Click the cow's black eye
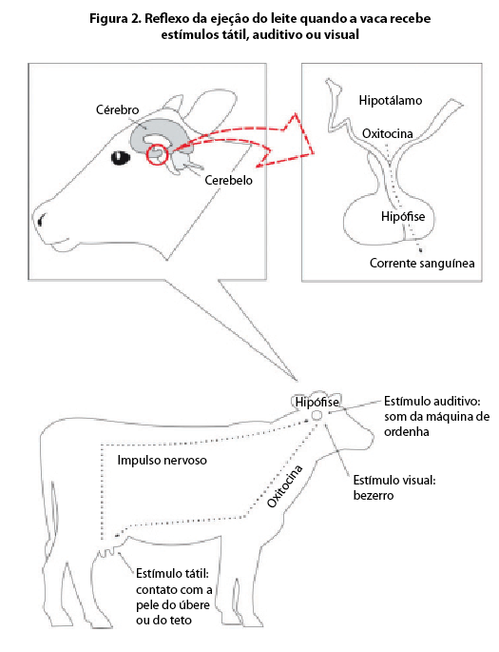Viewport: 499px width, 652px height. [x=121, y=158]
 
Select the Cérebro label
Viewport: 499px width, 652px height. [x=118, y=109]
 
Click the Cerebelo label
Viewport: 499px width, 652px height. [x=228, y=180]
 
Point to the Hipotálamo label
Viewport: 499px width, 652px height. [x=391, y=100]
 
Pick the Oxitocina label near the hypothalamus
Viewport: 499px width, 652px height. [x=388, y=133]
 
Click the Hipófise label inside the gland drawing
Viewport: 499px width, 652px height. [x=403, y=216]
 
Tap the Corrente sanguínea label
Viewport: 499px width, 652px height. [x=422, y=264]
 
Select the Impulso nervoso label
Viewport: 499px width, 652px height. [x=162, y=461]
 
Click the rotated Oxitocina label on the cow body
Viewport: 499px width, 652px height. [x=285, y=486]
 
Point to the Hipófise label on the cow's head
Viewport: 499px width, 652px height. [x=317, y=402]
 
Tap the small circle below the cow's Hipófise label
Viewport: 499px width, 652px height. [x=317, y=415]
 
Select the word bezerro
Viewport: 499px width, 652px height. [x=374, y=496]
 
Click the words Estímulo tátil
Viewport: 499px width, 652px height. [x=172, y=574]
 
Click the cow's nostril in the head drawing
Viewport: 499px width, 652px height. [x=41, y=219]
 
